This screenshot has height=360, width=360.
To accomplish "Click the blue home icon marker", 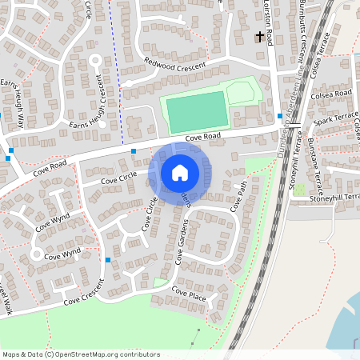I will [180, 172].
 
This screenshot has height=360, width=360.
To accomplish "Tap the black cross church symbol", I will [259, 37].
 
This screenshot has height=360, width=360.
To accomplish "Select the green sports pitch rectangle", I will [196, 111].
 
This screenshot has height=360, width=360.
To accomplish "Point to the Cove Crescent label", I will [85, 295].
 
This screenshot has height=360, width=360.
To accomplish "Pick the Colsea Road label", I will [333, 94].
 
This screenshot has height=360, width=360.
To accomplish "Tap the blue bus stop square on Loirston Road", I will [279, 116].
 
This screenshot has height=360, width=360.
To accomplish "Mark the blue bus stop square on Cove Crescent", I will [107, 260].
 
